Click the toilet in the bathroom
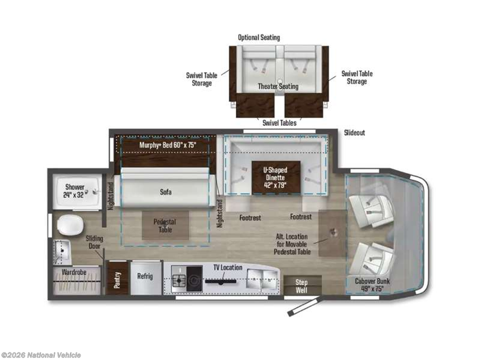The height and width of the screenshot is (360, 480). (x=70, y=225)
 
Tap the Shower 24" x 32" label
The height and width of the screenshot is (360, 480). (x=75, y=191)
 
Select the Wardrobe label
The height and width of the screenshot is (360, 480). (x=74, y=272)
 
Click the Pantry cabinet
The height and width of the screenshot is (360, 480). (x=117, y=278)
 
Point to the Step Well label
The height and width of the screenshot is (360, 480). (x=301, y=286)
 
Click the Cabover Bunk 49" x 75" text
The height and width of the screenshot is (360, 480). (x=372, y=285)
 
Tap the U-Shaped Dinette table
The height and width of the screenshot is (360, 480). (x=276, y=178)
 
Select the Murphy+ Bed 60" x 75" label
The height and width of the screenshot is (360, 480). (x=167, y=145)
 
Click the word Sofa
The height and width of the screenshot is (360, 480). (x=165, y=192)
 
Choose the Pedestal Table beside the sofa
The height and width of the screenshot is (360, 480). (x=165, y=225)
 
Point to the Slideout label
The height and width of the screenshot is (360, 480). (x=354, y=133)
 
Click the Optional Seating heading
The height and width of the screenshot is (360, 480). (x=259, y=37)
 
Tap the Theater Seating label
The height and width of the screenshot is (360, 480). (x=278, y=86)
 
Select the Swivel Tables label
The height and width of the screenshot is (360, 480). (x=279, y=123)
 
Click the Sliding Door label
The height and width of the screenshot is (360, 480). (x=94, y=242)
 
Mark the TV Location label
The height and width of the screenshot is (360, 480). (x=228, y=268)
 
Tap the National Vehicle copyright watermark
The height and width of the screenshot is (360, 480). (x=41, y=355)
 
